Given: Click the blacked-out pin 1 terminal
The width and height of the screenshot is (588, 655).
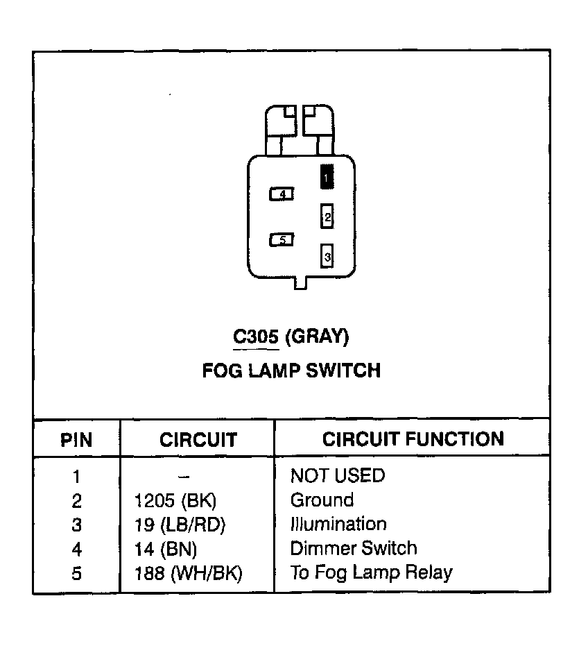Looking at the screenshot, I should [327, 176].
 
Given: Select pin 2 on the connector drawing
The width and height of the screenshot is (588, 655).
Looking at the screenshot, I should [327, 216].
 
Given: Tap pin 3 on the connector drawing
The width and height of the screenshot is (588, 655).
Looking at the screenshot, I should [327, 256].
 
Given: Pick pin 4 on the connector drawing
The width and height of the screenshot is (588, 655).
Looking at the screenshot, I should [282, 194].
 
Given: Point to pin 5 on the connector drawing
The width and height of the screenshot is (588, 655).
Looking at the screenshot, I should [282, 240].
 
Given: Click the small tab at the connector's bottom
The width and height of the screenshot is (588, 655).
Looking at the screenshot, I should [300, 283].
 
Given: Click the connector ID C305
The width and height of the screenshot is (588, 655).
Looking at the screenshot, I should [256, 337].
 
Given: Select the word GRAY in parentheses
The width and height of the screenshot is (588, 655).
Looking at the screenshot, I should [316, 337].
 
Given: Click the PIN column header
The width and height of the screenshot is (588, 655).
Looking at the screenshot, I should [76, 440].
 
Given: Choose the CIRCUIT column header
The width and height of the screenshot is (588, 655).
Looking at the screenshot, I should [198, 440].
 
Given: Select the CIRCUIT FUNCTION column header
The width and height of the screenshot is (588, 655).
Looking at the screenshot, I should [413, 439].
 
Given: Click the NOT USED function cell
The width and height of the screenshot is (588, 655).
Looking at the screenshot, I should [337, 476].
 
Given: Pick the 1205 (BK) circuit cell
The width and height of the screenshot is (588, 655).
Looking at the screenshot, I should [170, 501].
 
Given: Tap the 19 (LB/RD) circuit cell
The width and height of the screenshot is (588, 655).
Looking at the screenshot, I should [180, 525].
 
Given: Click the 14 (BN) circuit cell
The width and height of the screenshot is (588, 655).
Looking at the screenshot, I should [166, 550].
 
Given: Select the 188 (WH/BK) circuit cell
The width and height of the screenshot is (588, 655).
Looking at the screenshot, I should [188, 574].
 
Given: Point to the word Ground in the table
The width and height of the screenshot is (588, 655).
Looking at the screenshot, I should [322, 500].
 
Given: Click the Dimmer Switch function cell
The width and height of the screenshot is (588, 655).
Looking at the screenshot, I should [354, 549].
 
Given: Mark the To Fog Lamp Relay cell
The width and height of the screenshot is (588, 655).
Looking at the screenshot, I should [371, 573].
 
